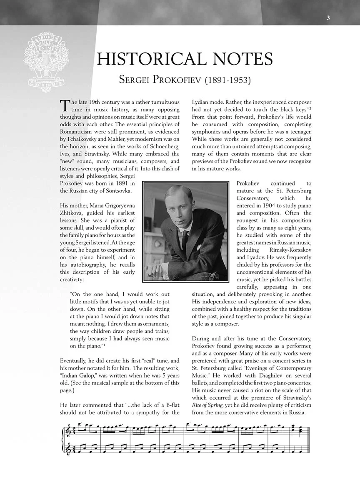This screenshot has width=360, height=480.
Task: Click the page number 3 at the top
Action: coord(328,18)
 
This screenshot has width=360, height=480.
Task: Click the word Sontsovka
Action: coord(119,191)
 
